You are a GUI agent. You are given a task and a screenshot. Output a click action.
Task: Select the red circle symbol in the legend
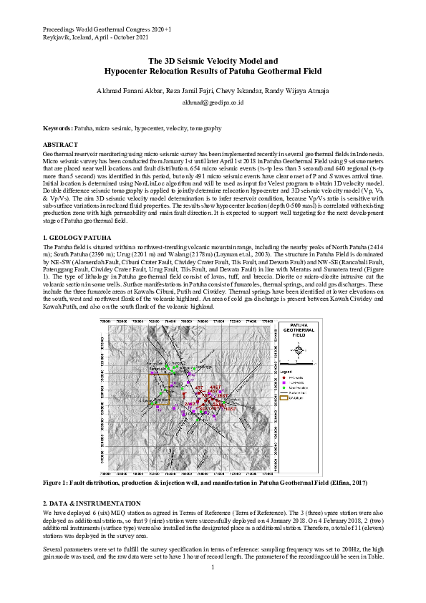coord(284,377)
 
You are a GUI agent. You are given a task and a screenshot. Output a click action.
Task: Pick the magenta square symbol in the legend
coord(284,382)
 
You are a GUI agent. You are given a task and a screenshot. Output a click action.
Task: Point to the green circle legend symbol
coord(284,387)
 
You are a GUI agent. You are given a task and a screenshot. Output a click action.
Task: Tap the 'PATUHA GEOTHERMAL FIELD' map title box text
coord(301,331)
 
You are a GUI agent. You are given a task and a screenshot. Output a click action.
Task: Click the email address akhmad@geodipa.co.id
coord(213,103)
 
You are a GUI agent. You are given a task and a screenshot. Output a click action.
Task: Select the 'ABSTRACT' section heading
coord(61,145)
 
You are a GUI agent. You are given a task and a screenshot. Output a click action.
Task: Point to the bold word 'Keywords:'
coord(58,127)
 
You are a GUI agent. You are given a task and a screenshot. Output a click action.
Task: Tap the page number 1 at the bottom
coord(213,587)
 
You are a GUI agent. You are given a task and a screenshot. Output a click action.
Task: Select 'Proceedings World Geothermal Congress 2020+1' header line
coord(107,27)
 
